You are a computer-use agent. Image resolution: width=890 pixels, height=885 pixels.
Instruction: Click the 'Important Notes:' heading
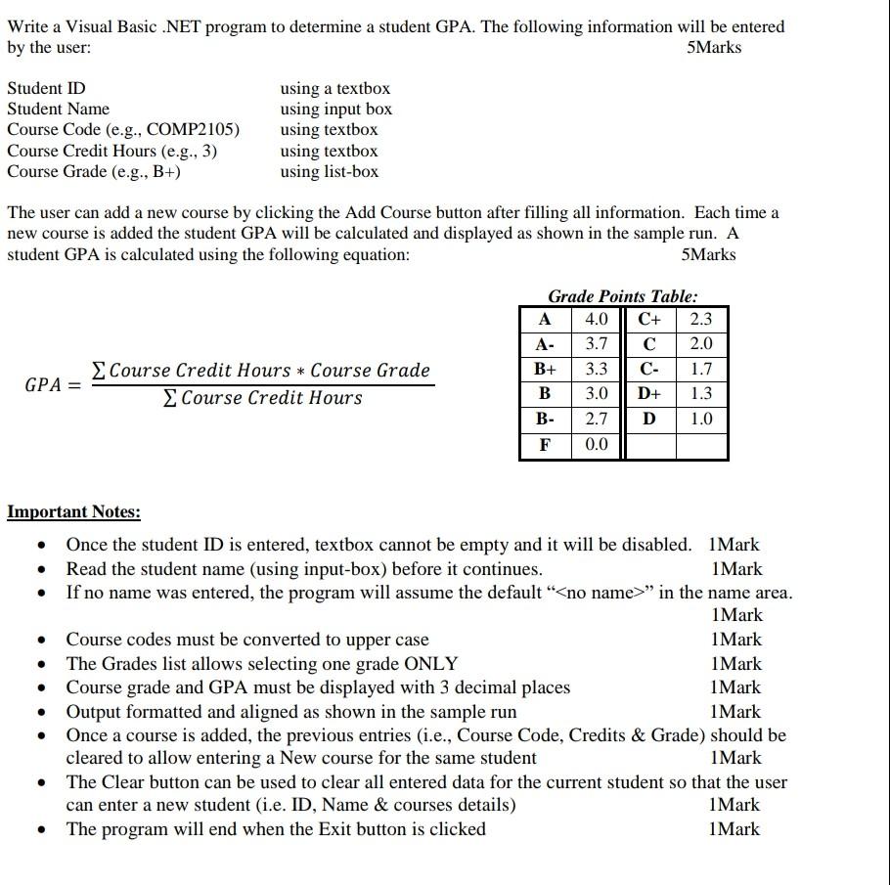73,512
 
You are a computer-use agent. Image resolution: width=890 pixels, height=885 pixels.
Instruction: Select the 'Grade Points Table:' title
623,295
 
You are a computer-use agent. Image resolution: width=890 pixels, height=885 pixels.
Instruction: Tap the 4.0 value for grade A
596,319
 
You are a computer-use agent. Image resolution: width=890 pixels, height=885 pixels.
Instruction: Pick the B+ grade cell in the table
546,370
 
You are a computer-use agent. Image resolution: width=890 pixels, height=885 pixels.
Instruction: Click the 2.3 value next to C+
700,319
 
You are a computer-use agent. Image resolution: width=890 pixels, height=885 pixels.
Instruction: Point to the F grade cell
546,445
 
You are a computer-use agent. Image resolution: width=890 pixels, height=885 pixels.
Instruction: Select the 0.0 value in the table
596,445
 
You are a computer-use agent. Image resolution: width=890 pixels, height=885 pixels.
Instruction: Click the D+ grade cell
649,394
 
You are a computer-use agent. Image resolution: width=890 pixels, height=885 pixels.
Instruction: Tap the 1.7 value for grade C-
700,370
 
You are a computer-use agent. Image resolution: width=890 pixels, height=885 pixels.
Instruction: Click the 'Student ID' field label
46,88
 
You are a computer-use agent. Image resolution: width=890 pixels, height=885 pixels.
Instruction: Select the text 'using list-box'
329,172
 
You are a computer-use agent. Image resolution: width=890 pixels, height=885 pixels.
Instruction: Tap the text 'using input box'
335,109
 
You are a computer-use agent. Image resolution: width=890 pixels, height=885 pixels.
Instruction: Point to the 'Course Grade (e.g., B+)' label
94,172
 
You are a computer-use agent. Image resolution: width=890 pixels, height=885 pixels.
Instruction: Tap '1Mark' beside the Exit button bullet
735,829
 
